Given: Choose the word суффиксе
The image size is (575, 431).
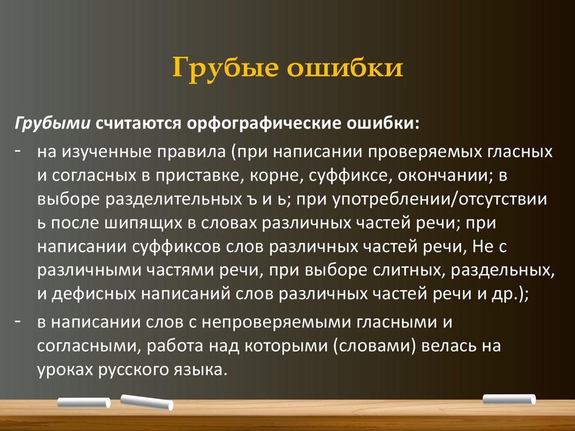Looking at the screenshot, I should (x=348, y=176).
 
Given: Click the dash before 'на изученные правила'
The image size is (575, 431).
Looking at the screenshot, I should (x=19, y=152).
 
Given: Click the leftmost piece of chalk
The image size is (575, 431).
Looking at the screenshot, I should (x=84, y=402).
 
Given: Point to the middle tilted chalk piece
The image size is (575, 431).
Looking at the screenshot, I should (x=147, y=401).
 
